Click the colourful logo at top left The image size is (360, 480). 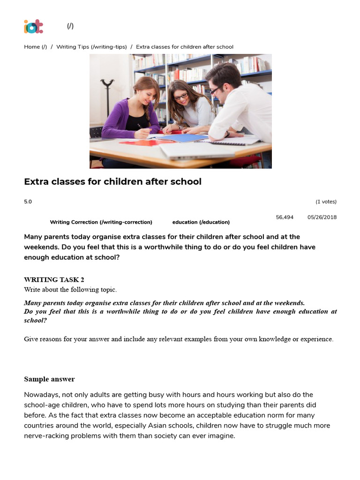[33, 26]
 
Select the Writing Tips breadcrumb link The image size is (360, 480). [91, 47]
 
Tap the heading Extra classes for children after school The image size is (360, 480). [112, 181]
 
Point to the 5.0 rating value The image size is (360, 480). [28, 202]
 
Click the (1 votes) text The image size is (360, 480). [326, 202]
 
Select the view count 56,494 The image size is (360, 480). [285, 217]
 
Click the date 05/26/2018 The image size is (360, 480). [322, 217]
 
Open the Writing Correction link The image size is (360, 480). [101, 222]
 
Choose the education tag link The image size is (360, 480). [201, 222]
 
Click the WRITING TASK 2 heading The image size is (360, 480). [54, 280]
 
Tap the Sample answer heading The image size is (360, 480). [49, 379]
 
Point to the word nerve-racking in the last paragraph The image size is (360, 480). [45, 436]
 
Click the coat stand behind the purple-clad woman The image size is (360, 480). [107, 94]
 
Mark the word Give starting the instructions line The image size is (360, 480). [31, 339]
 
